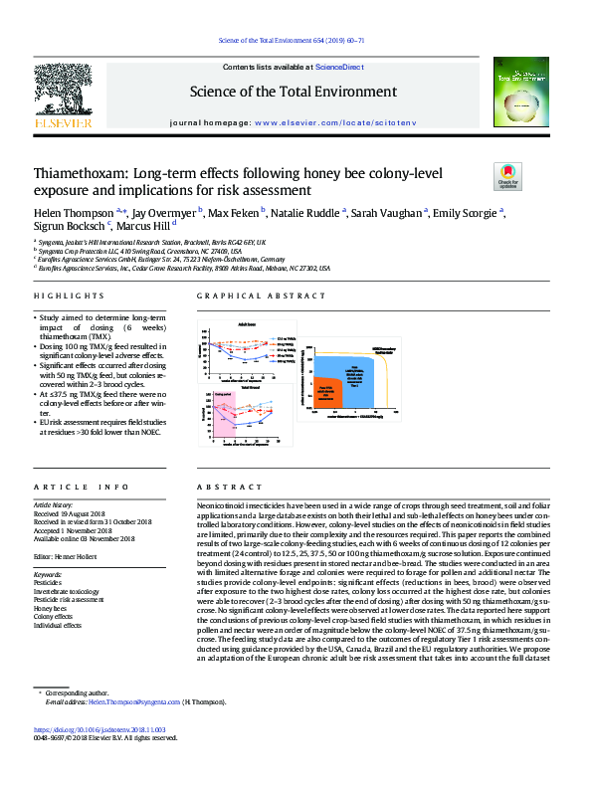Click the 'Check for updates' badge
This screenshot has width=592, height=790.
506,177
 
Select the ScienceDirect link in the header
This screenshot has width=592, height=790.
338,66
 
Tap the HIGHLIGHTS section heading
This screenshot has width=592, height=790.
62,296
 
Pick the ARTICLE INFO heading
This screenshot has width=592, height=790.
81,487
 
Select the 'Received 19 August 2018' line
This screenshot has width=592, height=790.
75,513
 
